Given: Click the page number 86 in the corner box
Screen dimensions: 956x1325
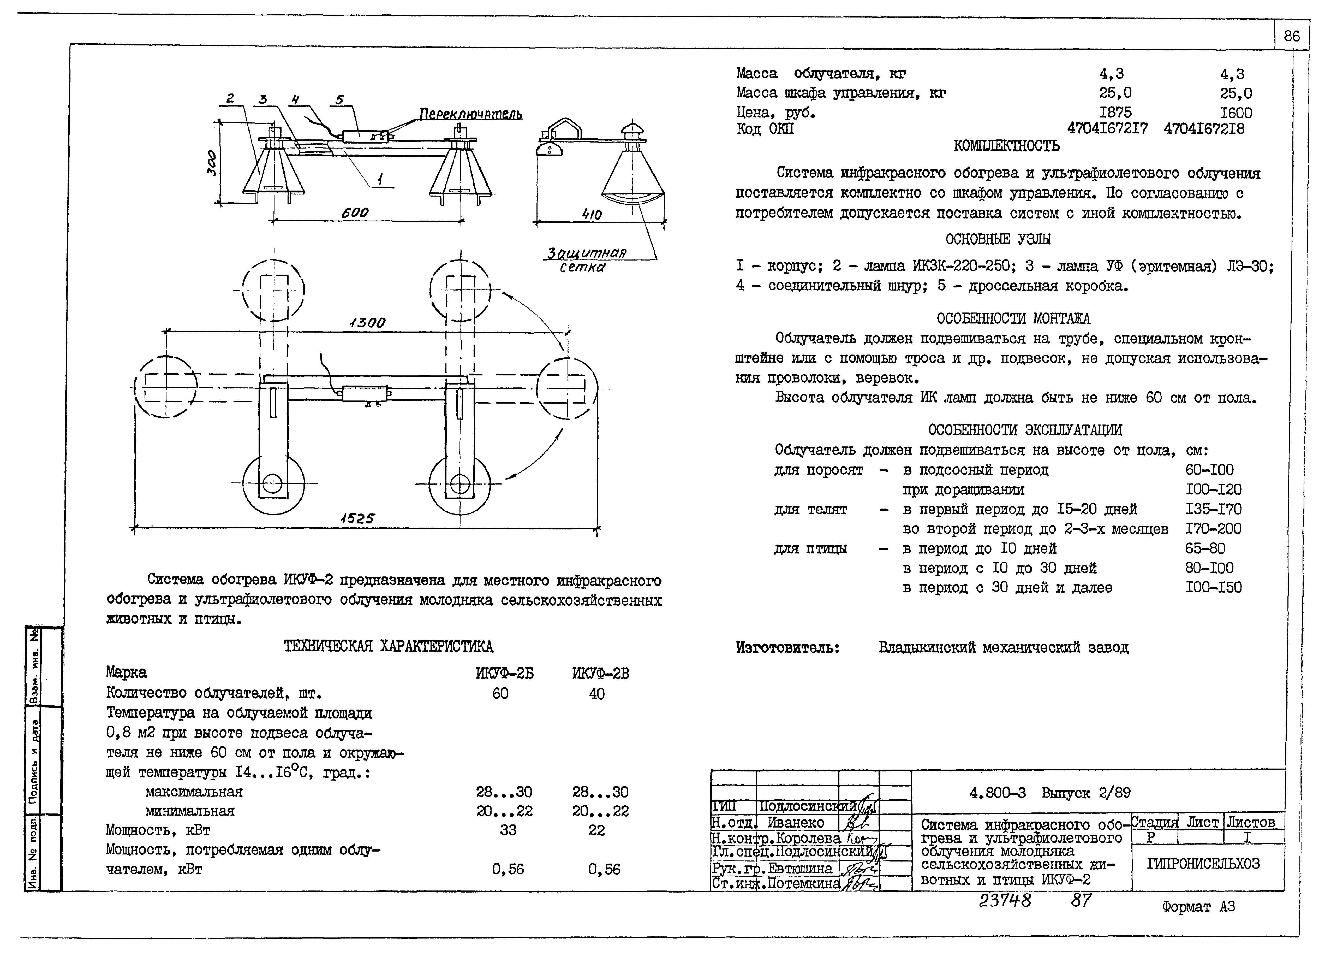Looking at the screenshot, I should tap(1292, 36).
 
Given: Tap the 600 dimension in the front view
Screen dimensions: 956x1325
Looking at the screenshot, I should tap(355, 213).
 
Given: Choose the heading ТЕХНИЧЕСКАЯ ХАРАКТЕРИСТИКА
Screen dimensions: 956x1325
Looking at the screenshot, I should tap(388, 646).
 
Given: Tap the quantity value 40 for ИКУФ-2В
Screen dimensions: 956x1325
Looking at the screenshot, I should tap(596, 694).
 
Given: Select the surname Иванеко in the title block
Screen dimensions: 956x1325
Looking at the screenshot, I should tap(796, 823).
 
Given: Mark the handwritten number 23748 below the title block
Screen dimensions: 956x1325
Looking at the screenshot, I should tap(1005, 900).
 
